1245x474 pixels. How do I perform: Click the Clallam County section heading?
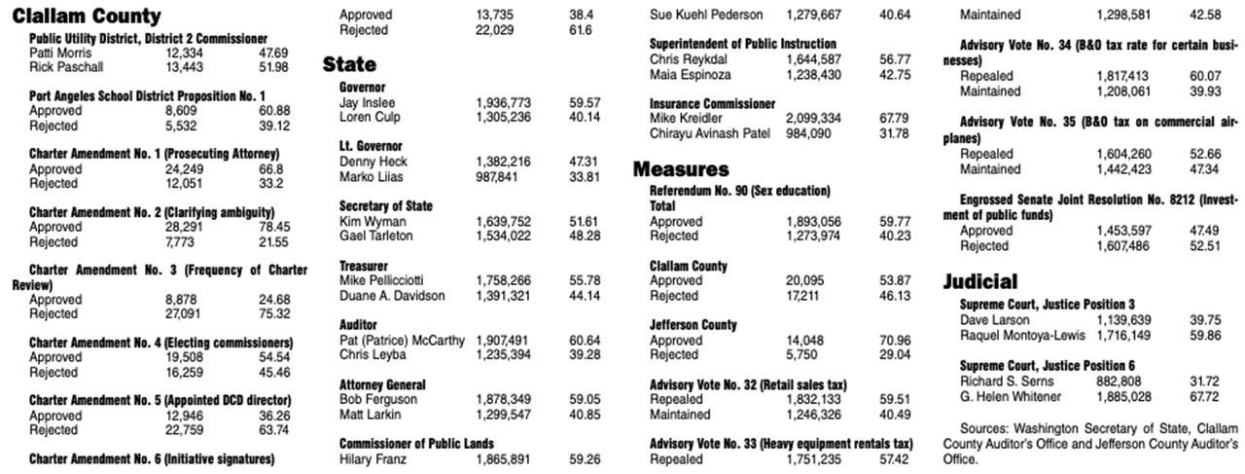(87, 17)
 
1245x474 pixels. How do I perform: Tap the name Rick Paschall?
(65, 67)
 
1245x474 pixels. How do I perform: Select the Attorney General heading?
(382, 384)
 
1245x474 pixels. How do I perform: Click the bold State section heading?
(349, 65)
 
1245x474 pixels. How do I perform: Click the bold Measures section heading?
(681, 169)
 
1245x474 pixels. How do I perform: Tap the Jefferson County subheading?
(694, 325)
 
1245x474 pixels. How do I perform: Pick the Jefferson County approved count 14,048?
(805, 341)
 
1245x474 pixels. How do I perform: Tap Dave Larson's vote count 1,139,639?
(1123, 319)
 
